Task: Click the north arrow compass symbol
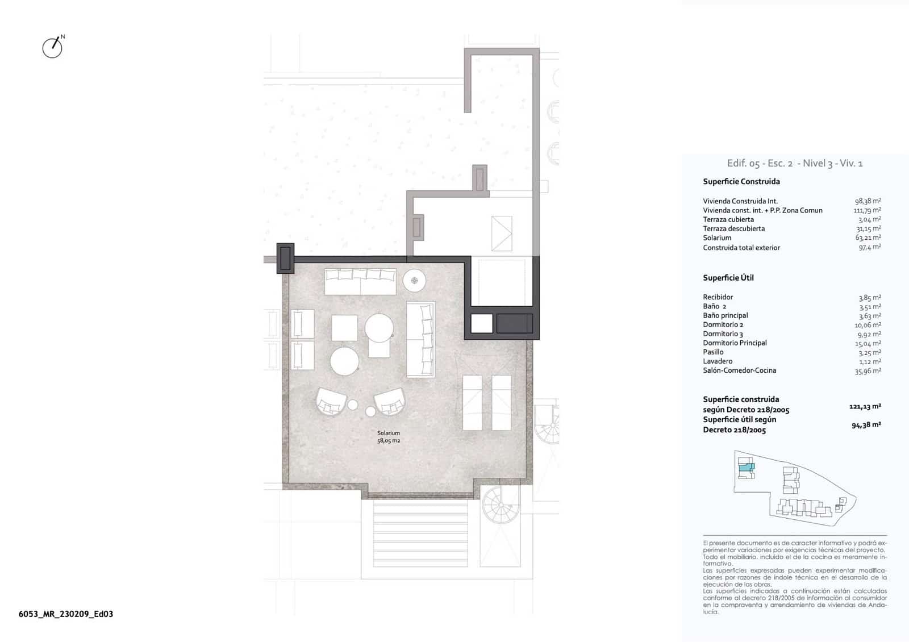click(x=53, y=47)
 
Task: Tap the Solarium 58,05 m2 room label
click(x=389, y=437)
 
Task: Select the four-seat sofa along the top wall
click(x=360, y=282)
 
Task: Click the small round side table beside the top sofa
click(x=415, y=280)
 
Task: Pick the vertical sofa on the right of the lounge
click(x=420, y=340)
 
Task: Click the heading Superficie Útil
click(x=728, y=278)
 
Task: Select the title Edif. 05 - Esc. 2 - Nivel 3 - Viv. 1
click(x=795, y=164)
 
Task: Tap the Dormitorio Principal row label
click(x=735, y=343)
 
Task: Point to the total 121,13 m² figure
click(x=865, y=407)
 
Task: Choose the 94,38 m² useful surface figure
click(x=866, y=425)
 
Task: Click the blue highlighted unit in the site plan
click(x=746, y=468)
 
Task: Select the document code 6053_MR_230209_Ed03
click(x=66, y=614)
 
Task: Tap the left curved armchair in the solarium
click(x=332, y=401)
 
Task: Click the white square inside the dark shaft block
click(x=481, y=323)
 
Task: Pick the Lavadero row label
click(x=718, y=361)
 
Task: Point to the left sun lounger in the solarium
click(x=472, y=402)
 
